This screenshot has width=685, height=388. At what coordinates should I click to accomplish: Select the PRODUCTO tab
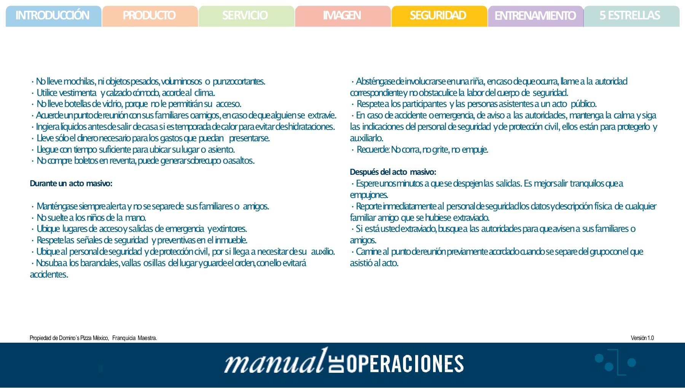click(149, 16)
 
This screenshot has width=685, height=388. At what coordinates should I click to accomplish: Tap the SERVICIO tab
click(245, 16)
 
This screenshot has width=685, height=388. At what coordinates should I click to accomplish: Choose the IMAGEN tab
click(342, 16)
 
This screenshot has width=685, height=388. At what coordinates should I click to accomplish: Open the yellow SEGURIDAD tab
click(438, 16)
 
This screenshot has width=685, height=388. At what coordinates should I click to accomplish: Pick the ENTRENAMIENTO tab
click(535, 16)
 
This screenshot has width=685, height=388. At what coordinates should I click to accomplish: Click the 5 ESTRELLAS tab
click(630, 16)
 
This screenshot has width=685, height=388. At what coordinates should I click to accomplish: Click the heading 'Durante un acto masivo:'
click(71, 184)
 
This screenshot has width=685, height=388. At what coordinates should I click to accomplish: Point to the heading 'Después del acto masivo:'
click(393, 172)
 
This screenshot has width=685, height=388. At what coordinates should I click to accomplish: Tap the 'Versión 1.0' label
click(642, 338)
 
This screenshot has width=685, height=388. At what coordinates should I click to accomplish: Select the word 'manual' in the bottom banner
click(274, 362)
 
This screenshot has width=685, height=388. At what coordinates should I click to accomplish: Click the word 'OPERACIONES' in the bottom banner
click(405, 364)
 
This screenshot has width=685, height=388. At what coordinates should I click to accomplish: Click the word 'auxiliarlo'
click(366, 138)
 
